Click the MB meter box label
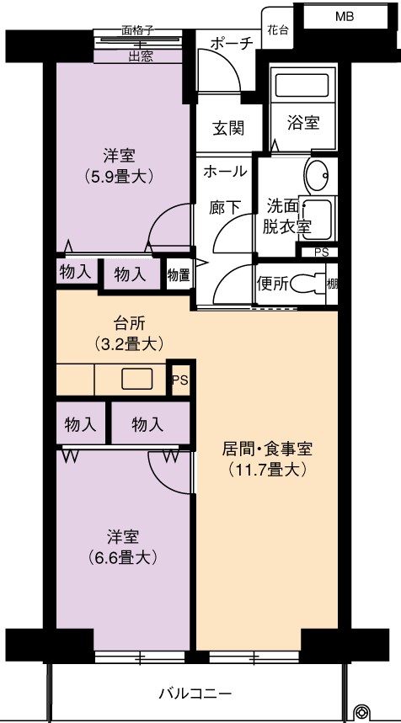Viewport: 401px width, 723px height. [x=345, y=17]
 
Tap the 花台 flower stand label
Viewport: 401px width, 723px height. [x=278, y=30]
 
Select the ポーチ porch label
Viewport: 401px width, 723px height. [x=233, y=44]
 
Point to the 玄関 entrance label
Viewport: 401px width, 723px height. [x=228, y=128]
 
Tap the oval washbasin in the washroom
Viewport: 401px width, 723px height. [x=318, y=175]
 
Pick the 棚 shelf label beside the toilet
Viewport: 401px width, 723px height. [x=332, y=284]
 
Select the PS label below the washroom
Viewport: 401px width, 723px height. [x=320, y=253]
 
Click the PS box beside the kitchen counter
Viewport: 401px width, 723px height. [x=180, y=380]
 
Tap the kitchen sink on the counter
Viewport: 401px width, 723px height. [x=136, y=379]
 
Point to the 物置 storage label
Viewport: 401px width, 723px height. [x=177, y=276]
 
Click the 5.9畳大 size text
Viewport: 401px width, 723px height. [x=119, y=176]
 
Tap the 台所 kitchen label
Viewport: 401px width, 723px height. [x=129, y=324]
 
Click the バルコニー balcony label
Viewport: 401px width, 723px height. [x=195, y=694]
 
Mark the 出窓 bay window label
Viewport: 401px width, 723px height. [x=141, y=56]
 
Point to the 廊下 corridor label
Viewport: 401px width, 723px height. [x=225, y=208]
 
